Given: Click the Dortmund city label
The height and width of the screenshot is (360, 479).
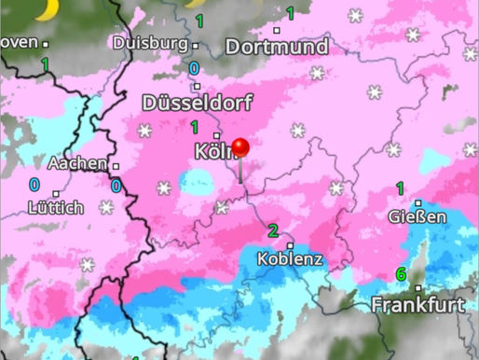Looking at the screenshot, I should [278, 47].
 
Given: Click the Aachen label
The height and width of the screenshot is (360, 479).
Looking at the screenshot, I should [76, 163].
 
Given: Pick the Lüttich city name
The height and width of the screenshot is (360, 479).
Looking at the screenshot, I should [55, 207].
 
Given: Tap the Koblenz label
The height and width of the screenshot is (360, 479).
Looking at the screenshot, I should [292, 258].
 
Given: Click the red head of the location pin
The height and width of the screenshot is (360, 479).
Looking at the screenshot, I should [240, 147].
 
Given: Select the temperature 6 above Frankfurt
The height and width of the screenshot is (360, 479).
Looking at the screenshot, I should [401, 274].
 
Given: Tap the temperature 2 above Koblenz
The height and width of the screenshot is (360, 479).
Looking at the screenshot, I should [273, 231].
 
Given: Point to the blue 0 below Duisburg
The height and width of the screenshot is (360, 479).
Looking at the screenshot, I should [194, 68].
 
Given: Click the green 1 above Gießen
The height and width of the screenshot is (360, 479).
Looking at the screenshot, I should [400, 189].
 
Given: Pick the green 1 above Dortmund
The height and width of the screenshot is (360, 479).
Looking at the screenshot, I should [290, 13].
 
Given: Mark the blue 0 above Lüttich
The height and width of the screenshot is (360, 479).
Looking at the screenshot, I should [34, 185].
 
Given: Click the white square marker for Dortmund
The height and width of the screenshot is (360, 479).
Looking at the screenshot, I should [277, 30].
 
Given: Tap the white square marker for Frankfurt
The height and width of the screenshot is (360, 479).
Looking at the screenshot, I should [418, 289].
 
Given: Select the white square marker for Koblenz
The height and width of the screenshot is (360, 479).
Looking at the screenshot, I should [292, 245].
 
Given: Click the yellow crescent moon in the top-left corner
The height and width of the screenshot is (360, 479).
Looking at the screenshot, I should [45, 7].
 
